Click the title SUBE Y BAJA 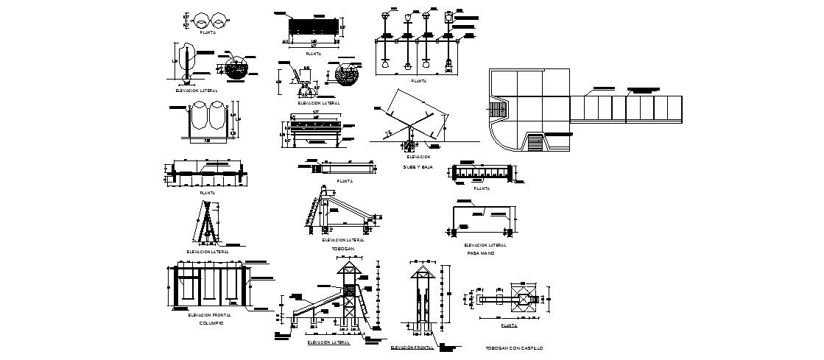click(x=418, y=167)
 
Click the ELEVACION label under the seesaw click(x=418, y=157)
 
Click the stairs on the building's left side click(x=499, y=110)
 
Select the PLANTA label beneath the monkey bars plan click(x=482, y=188)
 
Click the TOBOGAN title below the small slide click(x=343, y=249)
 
